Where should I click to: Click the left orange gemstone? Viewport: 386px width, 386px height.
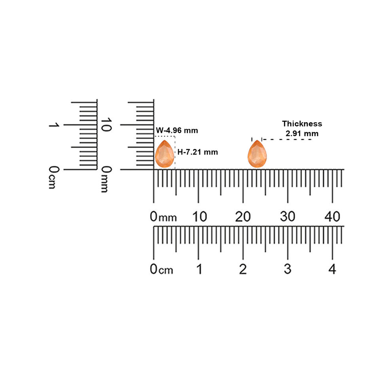(165, 154)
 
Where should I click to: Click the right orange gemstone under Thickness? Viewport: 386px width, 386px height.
(257, 154)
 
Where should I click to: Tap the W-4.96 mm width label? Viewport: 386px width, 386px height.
(177, 130)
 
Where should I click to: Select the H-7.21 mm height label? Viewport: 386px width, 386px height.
(198, 152)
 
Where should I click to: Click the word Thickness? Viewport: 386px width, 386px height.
(302, 123)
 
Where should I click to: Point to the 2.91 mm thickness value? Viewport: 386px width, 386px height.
(302, 133)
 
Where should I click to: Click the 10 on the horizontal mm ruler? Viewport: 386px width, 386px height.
(199, 217)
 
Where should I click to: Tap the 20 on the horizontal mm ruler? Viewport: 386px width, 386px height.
(243, 217)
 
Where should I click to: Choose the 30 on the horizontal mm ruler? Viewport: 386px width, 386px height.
(288, 217)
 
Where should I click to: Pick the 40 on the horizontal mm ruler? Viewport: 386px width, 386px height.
(332, 217)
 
